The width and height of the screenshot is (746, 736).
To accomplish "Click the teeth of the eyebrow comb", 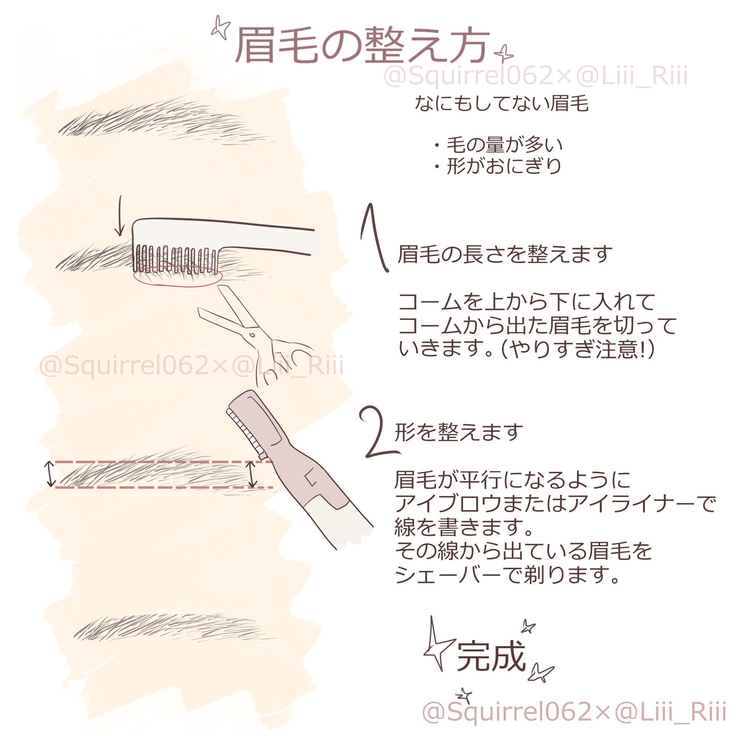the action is coord(176,258).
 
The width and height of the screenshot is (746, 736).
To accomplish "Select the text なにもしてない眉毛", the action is coord(502,103).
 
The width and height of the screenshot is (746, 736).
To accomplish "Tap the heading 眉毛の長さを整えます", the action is coord(504,254).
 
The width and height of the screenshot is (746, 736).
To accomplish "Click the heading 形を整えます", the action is coord(459,432).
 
